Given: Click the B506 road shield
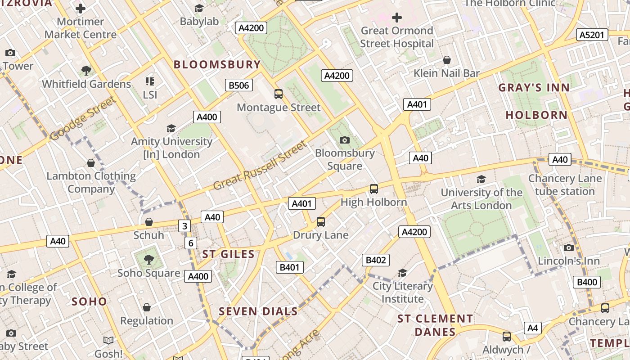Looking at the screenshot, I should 238,85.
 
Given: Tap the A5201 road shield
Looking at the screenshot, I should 592,35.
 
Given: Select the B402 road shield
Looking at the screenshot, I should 375,260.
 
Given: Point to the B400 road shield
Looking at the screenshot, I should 587,282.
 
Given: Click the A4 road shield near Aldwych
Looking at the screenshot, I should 532,328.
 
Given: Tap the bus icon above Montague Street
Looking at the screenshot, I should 279,94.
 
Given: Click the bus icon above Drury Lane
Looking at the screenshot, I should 320,222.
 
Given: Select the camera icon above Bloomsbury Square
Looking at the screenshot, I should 345,140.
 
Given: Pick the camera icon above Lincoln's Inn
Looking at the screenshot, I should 569,247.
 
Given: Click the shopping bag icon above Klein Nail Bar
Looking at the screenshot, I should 447,60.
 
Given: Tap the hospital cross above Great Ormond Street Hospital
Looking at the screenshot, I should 396,18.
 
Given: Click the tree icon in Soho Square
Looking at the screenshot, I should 148,260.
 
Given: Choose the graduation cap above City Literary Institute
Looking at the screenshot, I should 402,273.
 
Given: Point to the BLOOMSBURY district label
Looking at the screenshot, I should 217,64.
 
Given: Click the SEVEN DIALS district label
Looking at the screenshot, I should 258,311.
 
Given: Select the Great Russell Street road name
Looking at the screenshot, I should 260,166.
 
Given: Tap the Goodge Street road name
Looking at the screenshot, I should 83,118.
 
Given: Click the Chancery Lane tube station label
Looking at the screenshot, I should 565,185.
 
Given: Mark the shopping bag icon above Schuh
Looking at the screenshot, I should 149,222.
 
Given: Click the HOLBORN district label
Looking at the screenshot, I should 536,115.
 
